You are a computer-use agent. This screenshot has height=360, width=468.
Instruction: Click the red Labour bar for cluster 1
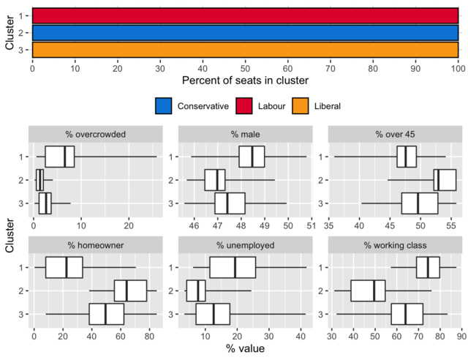245,15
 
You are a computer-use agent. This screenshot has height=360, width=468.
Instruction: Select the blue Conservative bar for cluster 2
245,33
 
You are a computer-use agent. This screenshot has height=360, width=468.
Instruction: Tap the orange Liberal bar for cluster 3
245,50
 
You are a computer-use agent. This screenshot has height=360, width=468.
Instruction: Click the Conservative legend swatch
165,106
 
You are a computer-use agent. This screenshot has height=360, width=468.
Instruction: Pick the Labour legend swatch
245,106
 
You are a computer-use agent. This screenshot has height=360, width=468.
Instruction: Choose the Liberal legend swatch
302,106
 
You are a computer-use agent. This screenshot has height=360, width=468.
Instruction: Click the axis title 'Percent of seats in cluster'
245,80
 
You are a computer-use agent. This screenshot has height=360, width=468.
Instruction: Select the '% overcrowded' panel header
95,135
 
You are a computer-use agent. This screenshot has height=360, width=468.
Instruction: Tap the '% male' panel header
245,135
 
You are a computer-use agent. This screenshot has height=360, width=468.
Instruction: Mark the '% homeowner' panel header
95,245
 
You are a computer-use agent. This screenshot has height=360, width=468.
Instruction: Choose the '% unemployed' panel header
245,245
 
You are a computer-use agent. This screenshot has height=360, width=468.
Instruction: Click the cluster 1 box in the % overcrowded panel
59,157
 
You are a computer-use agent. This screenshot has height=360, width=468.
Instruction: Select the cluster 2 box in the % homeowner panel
130,290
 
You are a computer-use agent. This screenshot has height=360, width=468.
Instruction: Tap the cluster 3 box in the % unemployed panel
213,314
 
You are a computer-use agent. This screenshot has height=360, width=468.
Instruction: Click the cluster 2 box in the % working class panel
368,290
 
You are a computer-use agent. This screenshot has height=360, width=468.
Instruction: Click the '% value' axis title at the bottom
245,349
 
